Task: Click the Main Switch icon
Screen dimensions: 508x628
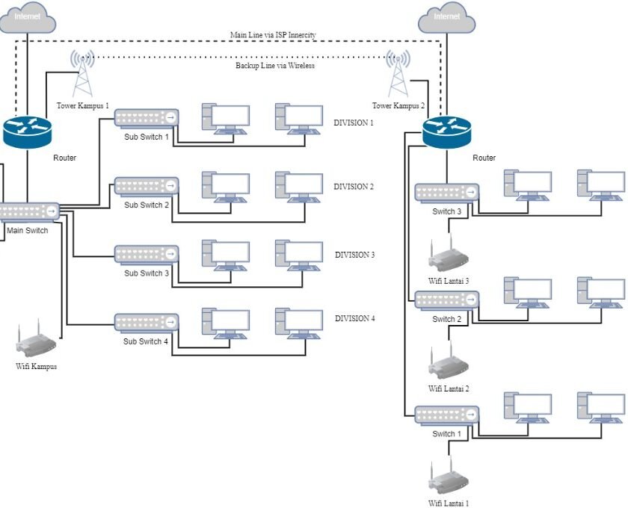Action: (x=28, y=211)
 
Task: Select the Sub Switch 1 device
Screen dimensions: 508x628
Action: (x=147, y=117)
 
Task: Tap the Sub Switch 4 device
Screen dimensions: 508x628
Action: (x=147, y=322)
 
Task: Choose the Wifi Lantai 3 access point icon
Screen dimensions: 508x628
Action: (x=448, y=255)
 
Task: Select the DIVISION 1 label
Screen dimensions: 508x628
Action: (x=354, y=123)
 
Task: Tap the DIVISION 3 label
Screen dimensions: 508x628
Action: (x=354, y=255)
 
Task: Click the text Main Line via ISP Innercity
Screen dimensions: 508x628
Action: (x=273, y=35)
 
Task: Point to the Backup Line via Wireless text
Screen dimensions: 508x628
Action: (x=274, y=66)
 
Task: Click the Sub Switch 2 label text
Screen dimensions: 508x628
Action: (x=147, y=205)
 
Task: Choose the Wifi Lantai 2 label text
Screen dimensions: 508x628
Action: (x=449, y=388)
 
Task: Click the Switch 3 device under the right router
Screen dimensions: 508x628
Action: (x=447, y=193)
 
